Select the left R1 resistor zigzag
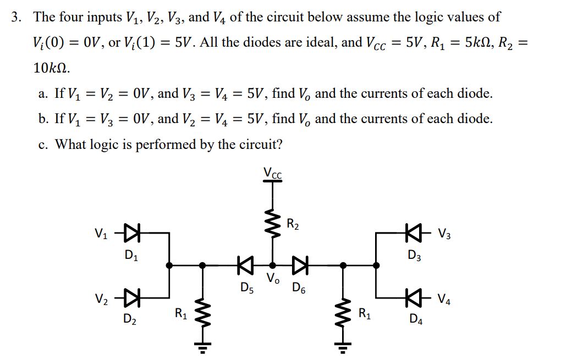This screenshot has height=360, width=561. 203,314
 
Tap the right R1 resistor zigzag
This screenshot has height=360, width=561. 343,314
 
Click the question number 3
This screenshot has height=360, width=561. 17,16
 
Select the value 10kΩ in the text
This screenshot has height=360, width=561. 51,68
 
